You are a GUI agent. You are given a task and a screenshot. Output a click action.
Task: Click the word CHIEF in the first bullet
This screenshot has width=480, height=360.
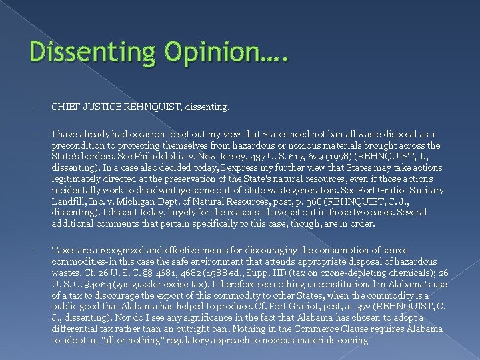67,106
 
